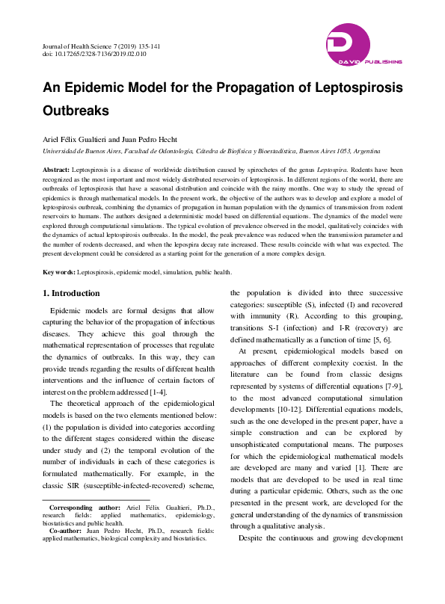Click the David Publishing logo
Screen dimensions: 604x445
pos(364,44)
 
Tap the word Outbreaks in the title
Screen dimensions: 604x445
pos(76,111)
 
